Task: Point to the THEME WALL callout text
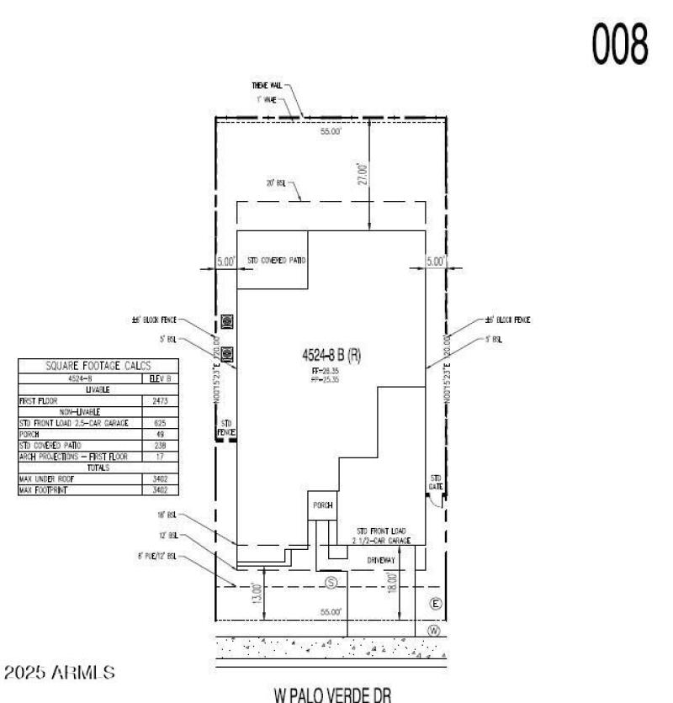268,86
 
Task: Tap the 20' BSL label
277,182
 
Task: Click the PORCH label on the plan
322,505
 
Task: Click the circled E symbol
435,603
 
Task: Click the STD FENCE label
225,427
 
